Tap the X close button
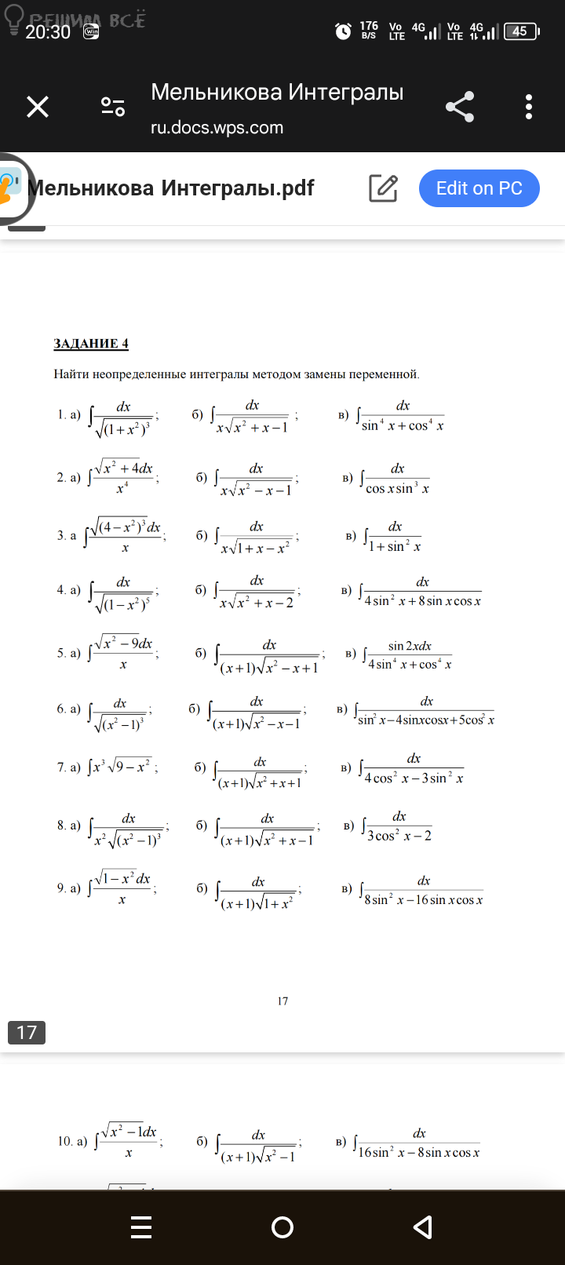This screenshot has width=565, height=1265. [38, 107]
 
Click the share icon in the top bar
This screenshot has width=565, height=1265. [460, 107]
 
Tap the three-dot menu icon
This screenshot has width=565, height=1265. [529, 107]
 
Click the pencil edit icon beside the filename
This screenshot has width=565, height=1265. [383, 188]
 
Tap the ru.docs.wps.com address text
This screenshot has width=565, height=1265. [217, 128]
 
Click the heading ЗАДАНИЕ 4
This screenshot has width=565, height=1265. [91, 344]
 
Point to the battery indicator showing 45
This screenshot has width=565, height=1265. [521, 31]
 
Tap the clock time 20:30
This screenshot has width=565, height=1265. [48, 32]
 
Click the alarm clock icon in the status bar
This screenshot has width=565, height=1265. [343, 31]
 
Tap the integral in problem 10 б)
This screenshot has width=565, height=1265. [257, 1146]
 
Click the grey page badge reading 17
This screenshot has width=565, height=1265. [27, 1032]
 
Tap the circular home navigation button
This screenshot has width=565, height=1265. [282, 1227]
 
